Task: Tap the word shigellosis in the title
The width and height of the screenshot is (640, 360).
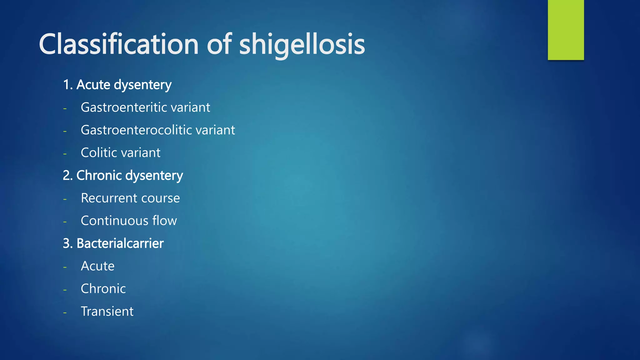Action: pyautogui.click(x=302, y=44)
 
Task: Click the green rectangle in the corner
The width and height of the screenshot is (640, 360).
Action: pyautogui.click(x=566, y=30)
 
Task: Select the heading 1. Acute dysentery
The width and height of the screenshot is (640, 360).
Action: pyautogui.click(x=117, y=85)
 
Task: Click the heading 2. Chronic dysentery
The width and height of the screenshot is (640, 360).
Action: pyautogui.click(x=123, y=175)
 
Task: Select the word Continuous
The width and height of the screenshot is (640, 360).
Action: pyautogui.click(x=114, y=221)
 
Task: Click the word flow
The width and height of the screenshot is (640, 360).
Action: pyautogui.click(x=165, y=221)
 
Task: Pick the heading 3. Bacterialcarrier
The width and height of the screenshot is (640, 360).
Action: pyautogui.click(x=113, y=243)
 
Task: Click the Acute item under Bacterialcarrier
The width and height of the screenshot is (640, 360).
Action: pyautogui.click(x=97, y=266)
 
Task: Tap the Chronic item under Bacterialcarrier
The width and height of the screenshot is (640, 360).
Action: pyautogui.click(x=103, y=289)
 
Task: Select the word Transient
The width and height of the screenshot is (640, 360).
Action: pyautogui.click(x=107, y=312)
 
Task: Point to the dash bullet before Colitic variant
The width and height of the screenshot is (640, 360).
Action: pyautogui.click(x=65, y=154)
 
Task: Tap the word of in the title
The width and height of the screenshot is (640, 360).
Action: pyautogui.click(x=219, y=44)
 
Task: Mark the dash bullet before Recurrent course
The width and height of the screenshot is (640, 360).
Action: pyautogui.click(x=65, y=199)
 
